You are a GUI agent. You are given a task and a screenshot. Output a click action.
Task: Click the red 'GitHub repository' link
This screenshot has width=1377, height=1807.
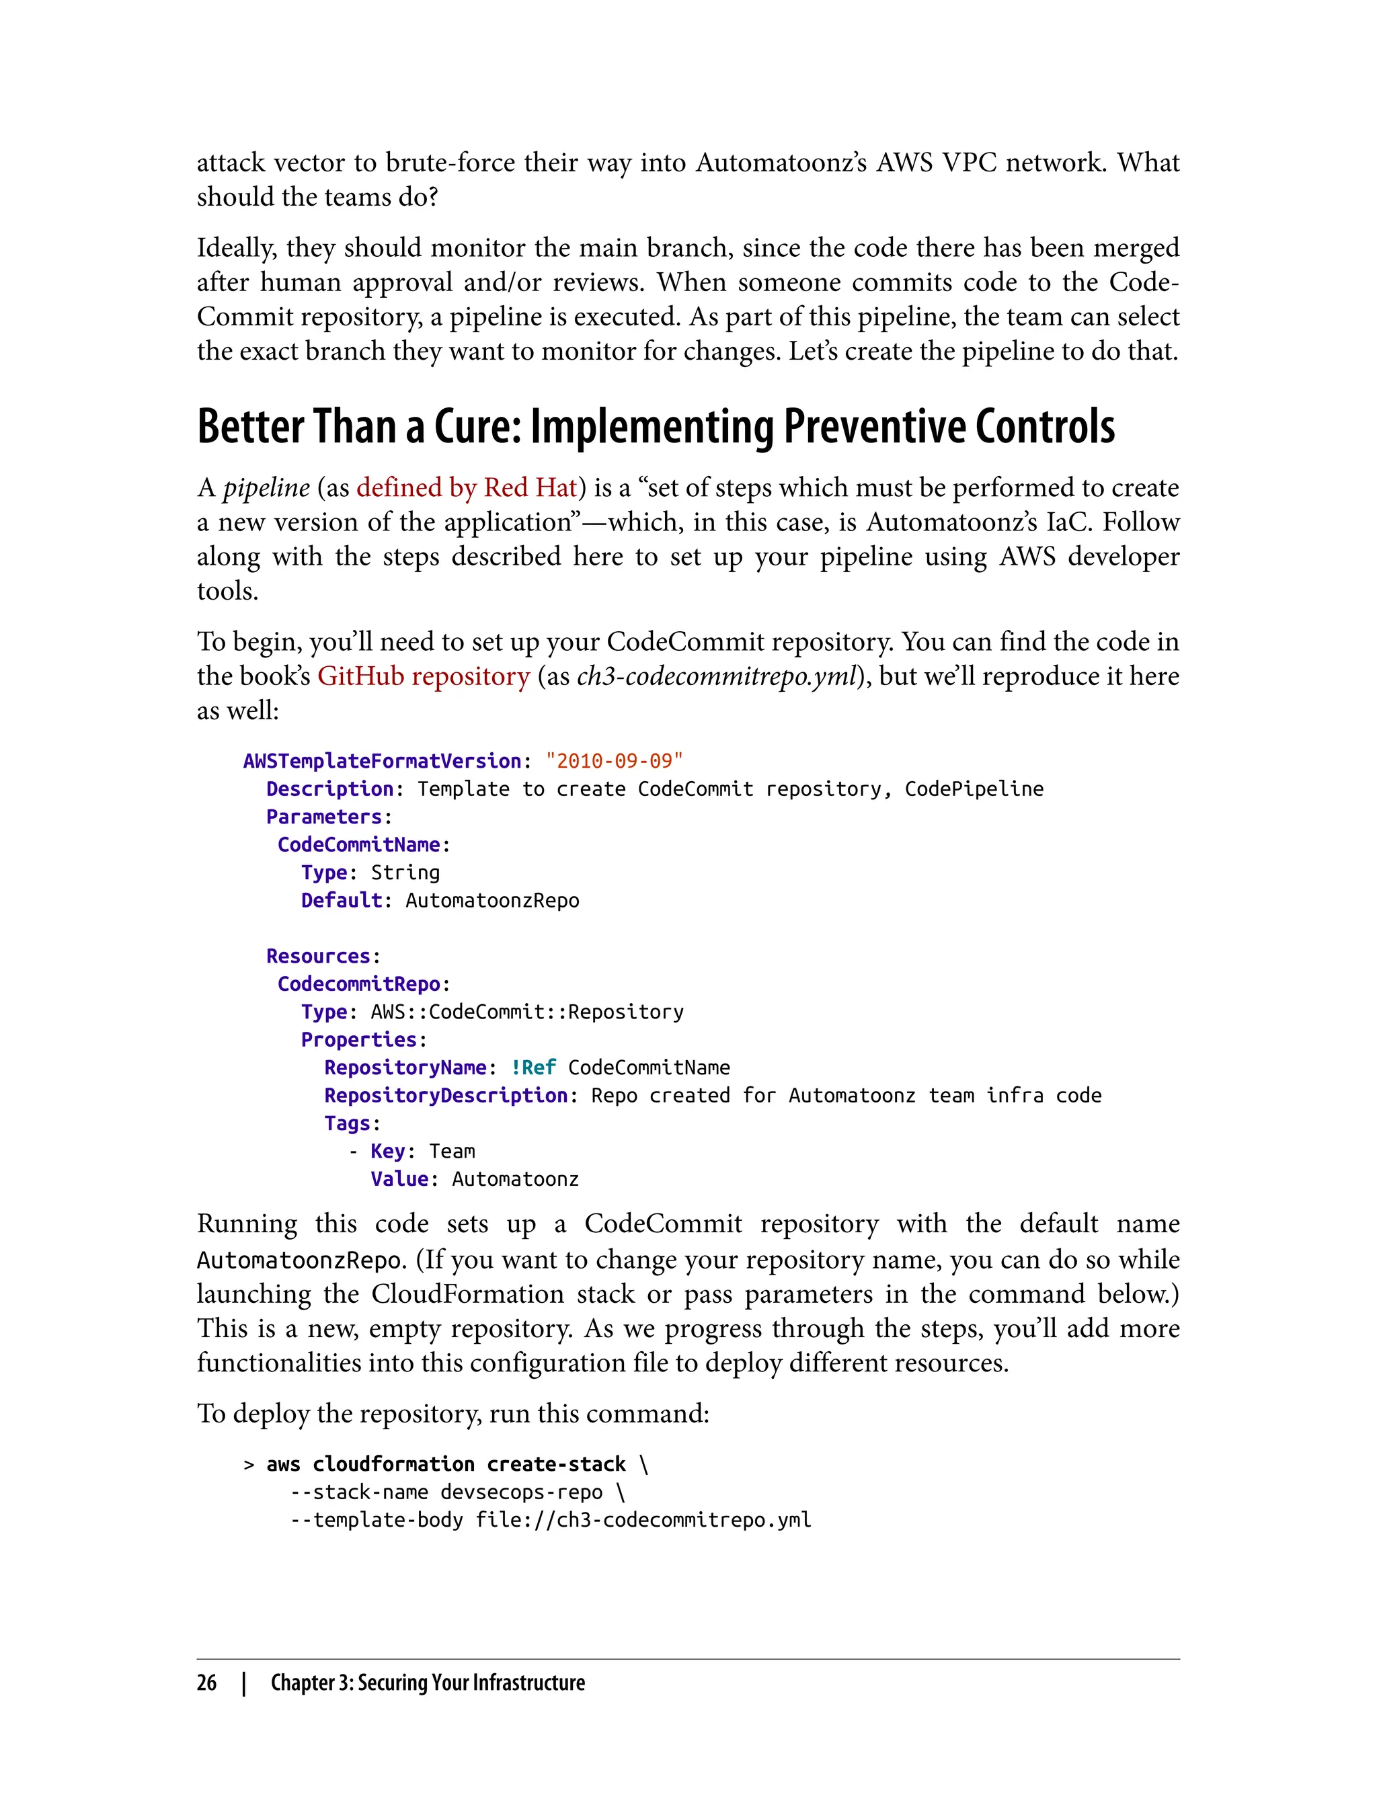click(x=424, y=676)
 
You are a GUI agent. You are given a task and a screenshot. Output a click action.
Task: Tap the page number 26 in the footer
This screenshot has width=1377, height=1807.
click(x=206, y=1683)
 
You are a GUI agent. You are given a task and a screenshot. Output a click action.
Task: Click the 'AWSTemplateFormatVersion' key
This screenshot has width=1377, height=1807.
click(x=382, y=761)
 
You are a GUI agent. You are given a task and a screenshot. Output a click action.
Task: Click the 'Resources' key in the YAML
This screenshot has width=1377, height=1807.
click(x=318, y=957)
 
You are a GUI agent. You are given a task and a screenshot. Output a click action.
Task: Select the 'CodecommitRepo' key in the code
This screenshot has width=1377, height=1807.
click(x=359, y=984)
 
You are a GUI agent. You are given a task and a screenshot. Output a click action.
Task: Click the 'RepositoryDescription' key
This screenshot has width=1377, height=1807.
click(x=446, y=1096)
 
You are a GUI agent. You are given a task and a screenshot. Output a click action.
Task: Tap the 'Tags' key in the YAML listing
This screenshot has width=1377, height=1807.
click(x=347, y=1123)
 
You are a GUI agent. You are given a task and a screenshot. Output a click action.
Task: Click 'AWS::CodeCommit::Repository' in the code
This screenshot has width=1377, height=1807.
click(x=527, y=1012)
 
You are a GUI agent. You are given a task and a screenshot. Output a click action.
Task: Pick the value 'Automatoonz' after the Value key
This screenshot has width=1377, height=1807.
click(x=515, y=1179)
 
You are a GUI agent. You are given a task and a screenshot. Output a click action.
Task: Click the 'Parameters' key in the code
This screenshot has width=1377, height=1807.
click(x=324, y=817)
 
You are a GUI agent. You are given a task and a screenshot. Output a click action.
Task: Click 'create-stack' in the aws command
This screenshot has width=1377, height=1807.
click(x=556, y=1464)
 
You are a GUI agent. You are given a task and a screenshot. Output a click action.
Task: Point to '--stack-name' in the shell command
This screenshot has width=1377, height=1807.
click(x=359, y=1492)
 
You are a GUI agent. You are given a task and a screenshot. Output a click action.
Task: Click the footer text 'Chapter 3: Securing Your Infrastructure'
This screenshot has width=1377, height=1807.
click(x=428, y=1683)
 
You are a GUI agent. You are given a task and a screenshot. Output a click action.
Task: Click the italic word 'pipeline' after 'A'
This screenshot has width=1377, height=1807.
click(x=266, y=489)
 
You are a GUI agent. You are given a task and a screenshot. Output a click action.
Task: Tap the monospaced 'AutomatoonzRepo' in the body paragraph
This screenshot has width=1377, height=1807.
click(x=299, y=1260)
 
